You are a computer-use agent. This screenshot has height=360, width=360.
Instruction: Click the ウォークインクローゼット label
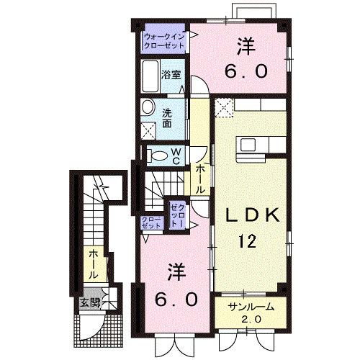[x=164, y=40]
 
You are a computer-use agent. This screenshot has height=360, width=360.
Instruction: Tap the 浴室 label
[x=170, y=73]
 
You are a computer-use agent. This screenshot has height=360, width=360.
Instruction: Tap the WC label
[x=176, y=156]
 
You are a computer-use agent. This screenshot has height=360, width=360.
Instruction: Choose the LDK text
[x=248, y=214]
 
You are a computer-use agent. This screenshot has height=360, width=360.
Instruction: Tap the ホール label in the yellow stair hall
[x=94, y=264]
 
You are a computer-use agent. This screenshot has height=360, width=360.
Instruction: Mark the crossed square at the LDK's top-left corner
[x=224, y=109]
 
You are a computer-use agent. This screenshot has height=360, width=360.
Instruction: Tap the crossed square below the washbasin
[x=149, y=131]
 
